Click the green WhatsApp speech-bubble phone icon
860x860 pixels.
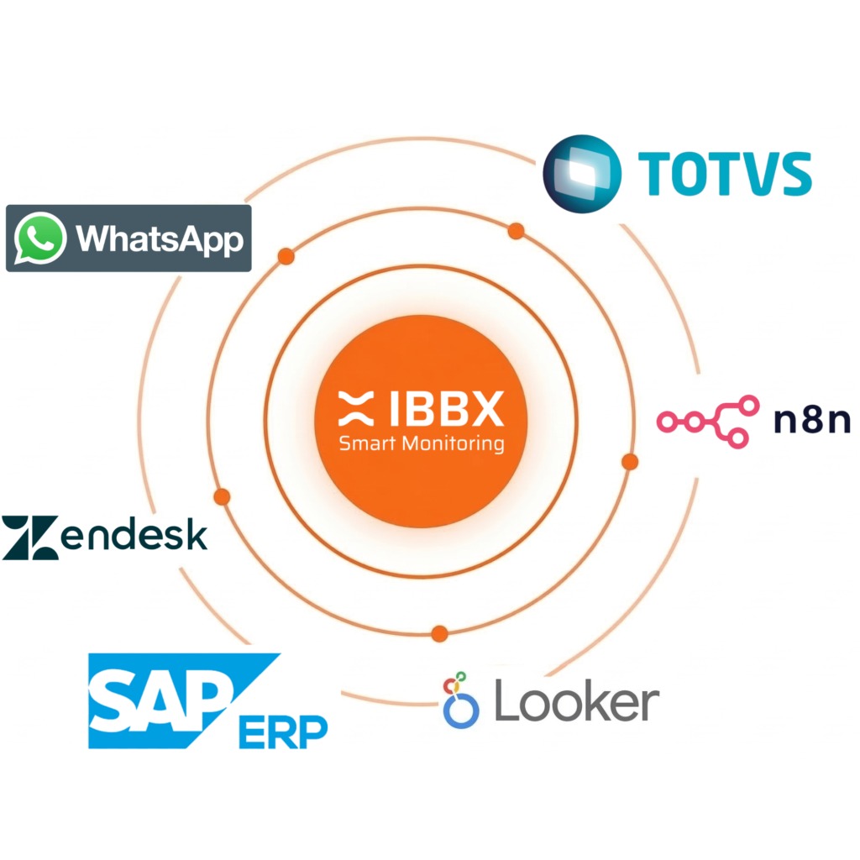click(40, 238)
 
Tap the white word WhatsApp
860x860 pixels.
click(160, 239)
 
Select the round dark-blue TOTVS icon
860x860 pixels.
click(582, 171)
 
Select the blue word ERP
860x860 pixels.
click(283, 732)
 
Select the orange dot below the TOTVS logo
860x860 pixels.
click(516, 231)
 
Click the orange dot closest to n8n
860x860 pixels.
click(630, 461)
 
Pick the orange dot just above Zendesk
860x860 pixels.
click(222, 497)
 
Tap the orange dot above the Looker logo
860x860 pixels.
click(438, 633)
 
